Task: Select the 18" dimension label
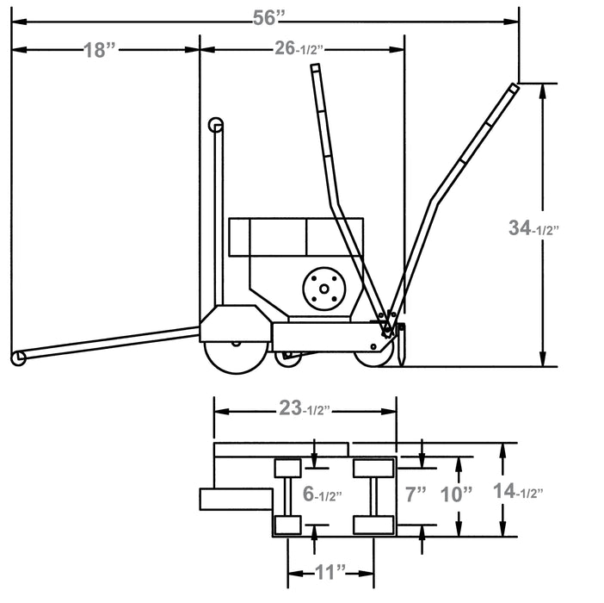(x=100, y=50)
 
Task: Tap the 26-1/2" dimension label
(x=301, y=49)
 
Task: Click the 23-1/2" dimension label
(x=305, y=411)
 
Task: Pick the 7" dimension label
(x=416, y=494)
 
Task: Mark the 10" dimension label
(x=456, y=494)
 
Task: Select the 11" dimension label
(x=330, y=569)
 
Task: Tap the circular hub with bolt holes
(x=324, y=287)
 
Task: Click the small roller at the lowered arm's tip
(x=16, y=357)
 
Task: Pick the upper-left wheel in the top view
(x=287, y=469)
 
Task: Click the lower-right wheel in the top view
(x=373, y=525)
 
